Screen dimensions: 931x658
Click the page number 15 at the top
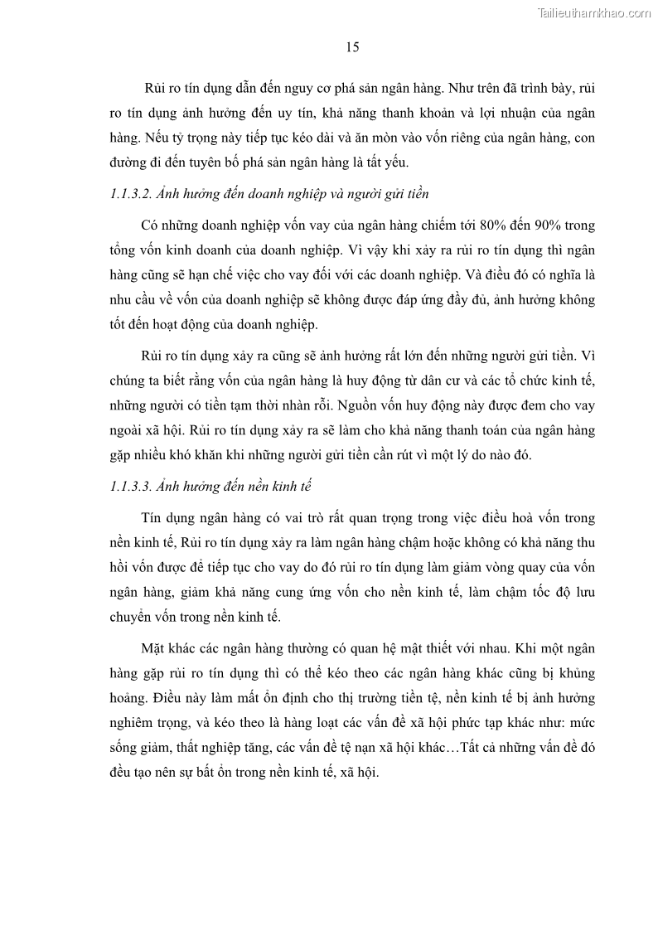point(352,47)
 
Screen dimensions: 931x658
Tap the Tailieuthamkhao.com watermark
point(594,13)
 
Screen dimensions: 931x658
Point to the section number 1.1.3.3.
point(133,486)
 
